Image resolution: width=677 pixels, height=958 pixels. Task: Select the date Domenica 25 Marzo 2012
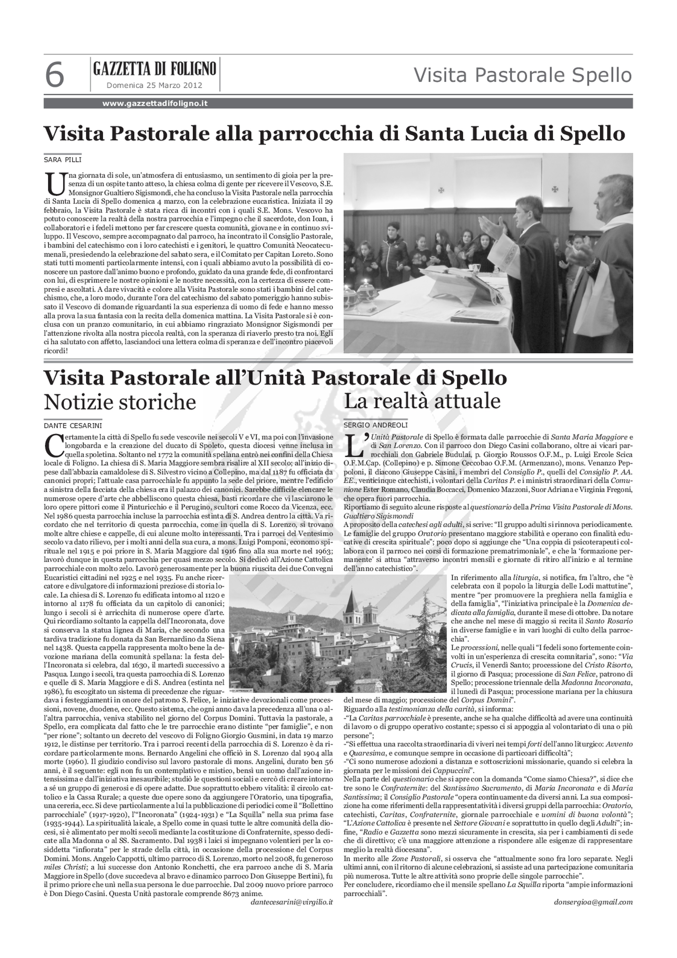[154, 85]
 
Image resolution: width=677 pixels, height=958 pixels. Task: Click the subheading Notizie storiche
[120, 402]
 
